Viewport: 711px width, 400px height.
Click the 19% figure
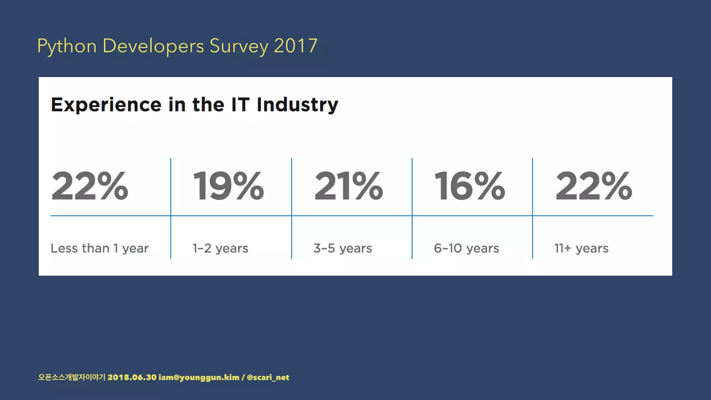[228, 186]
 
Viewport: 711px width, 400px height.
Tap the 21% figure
[348, 186]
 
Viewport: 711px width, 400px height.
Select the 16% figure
[469, 186]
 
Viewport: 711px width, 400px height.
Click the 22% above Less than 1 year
[90, 186]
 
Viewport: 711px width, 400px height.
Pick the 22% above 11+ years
[594, 186]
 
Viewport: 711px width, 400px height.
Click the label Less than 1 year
[100, 248]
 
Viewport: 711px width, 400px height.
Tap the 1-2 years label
[220, 248]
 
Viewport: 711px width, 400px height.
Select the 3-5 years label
[343, 248]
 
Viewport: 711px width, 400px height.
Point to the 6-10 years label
[466, 248]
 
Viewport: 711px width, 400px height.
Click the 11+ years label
[581, 248]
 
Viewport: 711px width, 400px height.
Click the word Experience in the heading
[106, 105]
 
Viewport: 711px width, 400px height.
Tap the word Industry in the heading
[297, 105]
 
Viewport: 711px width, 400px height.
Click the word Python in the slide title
[67, 46]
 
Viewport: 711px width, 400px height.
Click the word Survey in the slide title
[239, 46]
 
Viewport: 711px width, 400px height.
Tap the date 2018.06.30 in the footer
[132, 377]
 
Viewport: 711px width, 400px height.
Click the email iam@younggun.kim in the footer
[199, 377]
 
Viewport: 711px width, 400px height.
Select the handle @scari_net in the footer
[268, 377]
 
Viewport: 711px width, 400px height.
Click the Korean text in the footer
[72, 377]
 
